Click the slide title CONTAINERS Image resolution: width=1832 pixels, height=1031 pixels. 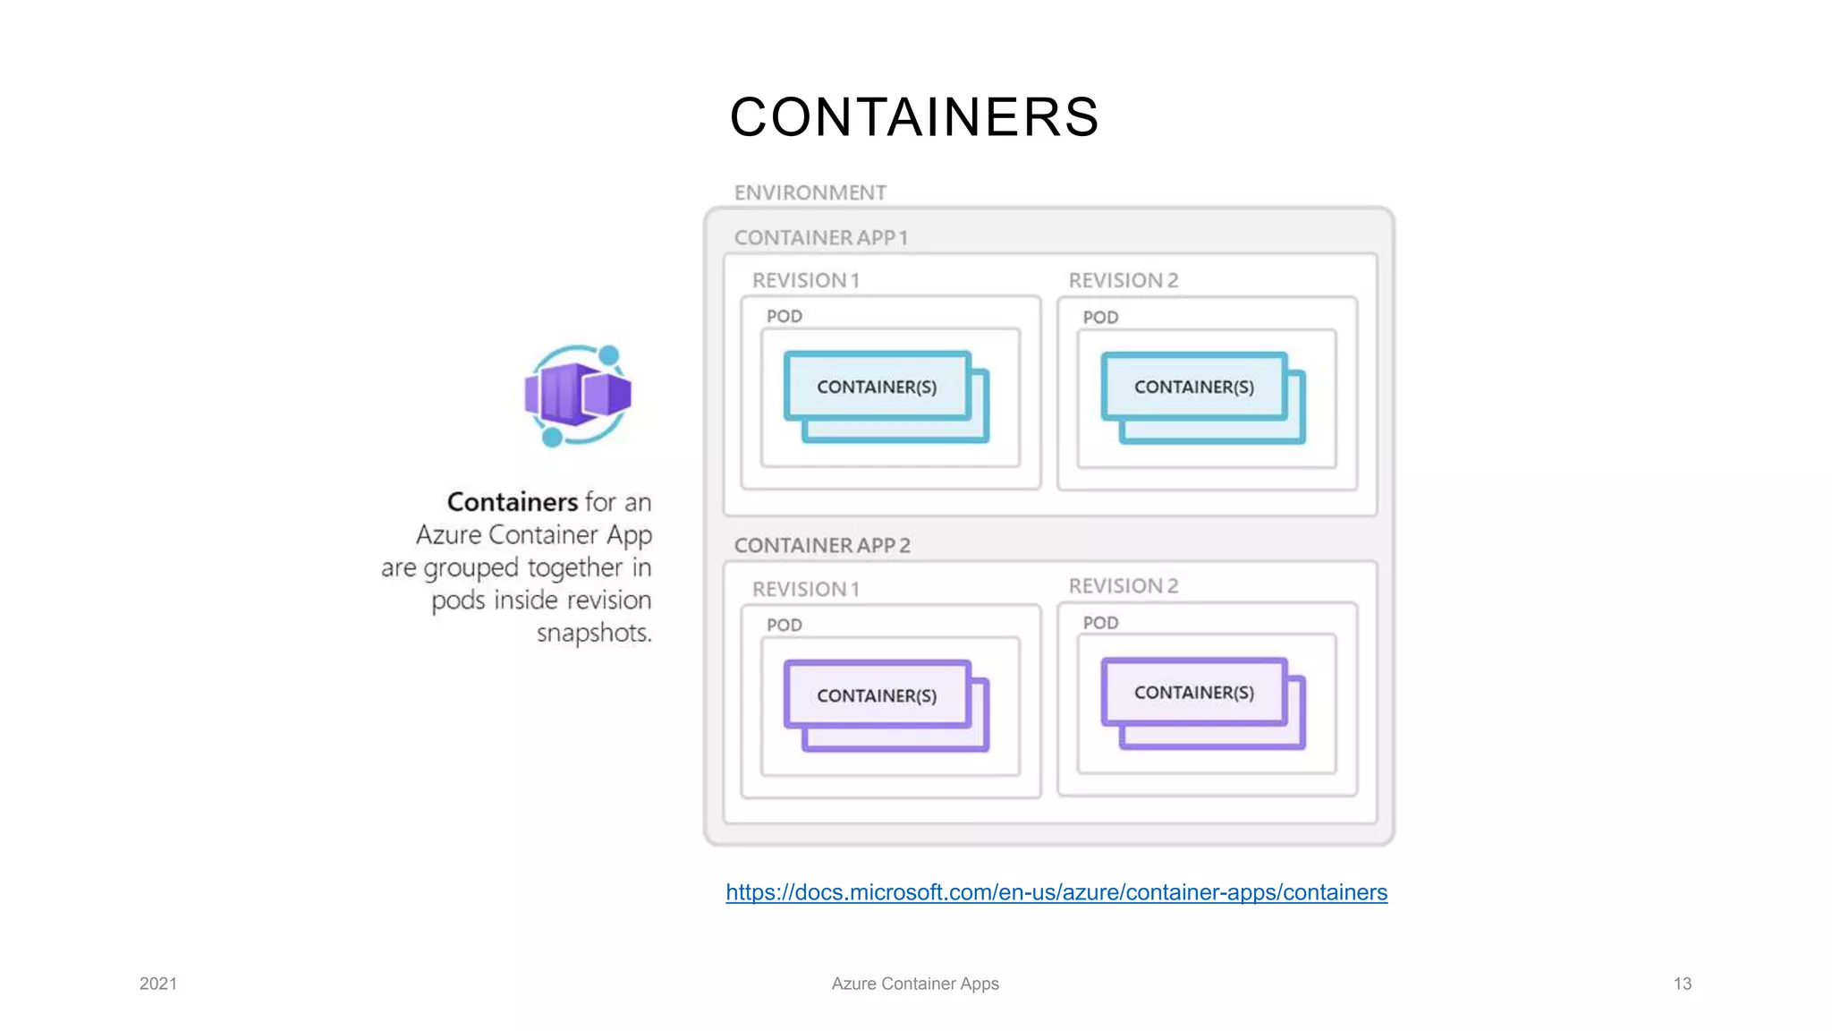(x=914, y=117)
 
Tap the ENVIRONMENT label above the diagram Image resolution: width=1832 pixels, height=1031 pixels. (x=810, y=192)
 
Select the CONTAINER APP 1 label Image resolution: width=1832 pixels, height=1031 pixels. (x=820, y=238)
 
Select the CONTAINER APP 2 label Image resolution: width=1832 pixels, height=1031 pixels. (x=821, y=545)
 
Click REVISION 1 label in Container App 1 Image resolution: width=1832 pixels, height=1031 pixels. (x=805, y=280)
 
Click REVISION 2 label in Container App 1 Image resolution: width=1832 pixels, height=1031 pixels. (x=1123, y=280)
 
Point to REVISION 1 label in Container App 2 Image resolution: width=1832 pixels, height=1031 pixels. (x=805, y=589)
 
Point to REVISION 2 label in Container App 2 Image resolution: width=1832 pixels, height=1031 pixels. (x=1123, y=586)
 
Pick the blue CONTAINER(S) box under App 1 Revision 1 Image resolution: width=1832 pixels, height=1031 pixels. (x=877, y=387)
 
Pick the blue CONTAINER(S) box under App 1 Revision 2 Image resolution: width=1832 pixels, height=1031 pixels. (x=1193, y=387)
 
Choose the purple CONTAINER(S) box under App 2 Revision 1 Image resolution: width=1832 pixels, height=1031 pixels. (x=877, y=695)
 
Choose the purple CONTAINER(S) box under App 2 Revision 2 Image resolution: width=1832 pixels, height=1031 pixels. (x=1193, y=693)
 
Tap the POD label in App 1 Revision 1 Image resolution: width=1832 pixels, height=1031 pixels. (x=784, y=316)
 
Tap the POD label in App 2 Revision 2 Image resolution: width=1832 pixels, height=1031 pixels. (x=1100, y=623)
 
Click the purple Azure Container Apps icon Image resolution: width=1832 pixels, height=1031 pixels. (x=578, y=395)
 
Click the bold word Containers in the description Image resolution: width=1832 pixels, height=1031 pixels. (x=512, y=501)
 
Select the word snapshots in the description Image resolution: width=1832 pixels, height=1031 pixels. (x=594, y=633)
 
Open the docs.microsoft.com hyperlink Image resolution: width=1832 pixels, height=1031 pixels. (x=1056, y=892)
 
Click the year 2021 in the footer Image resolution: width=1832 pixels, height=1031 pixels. (x=158, y=984)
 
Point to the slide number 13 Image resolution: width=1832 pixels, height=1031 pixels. (x=1682, y=984)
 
